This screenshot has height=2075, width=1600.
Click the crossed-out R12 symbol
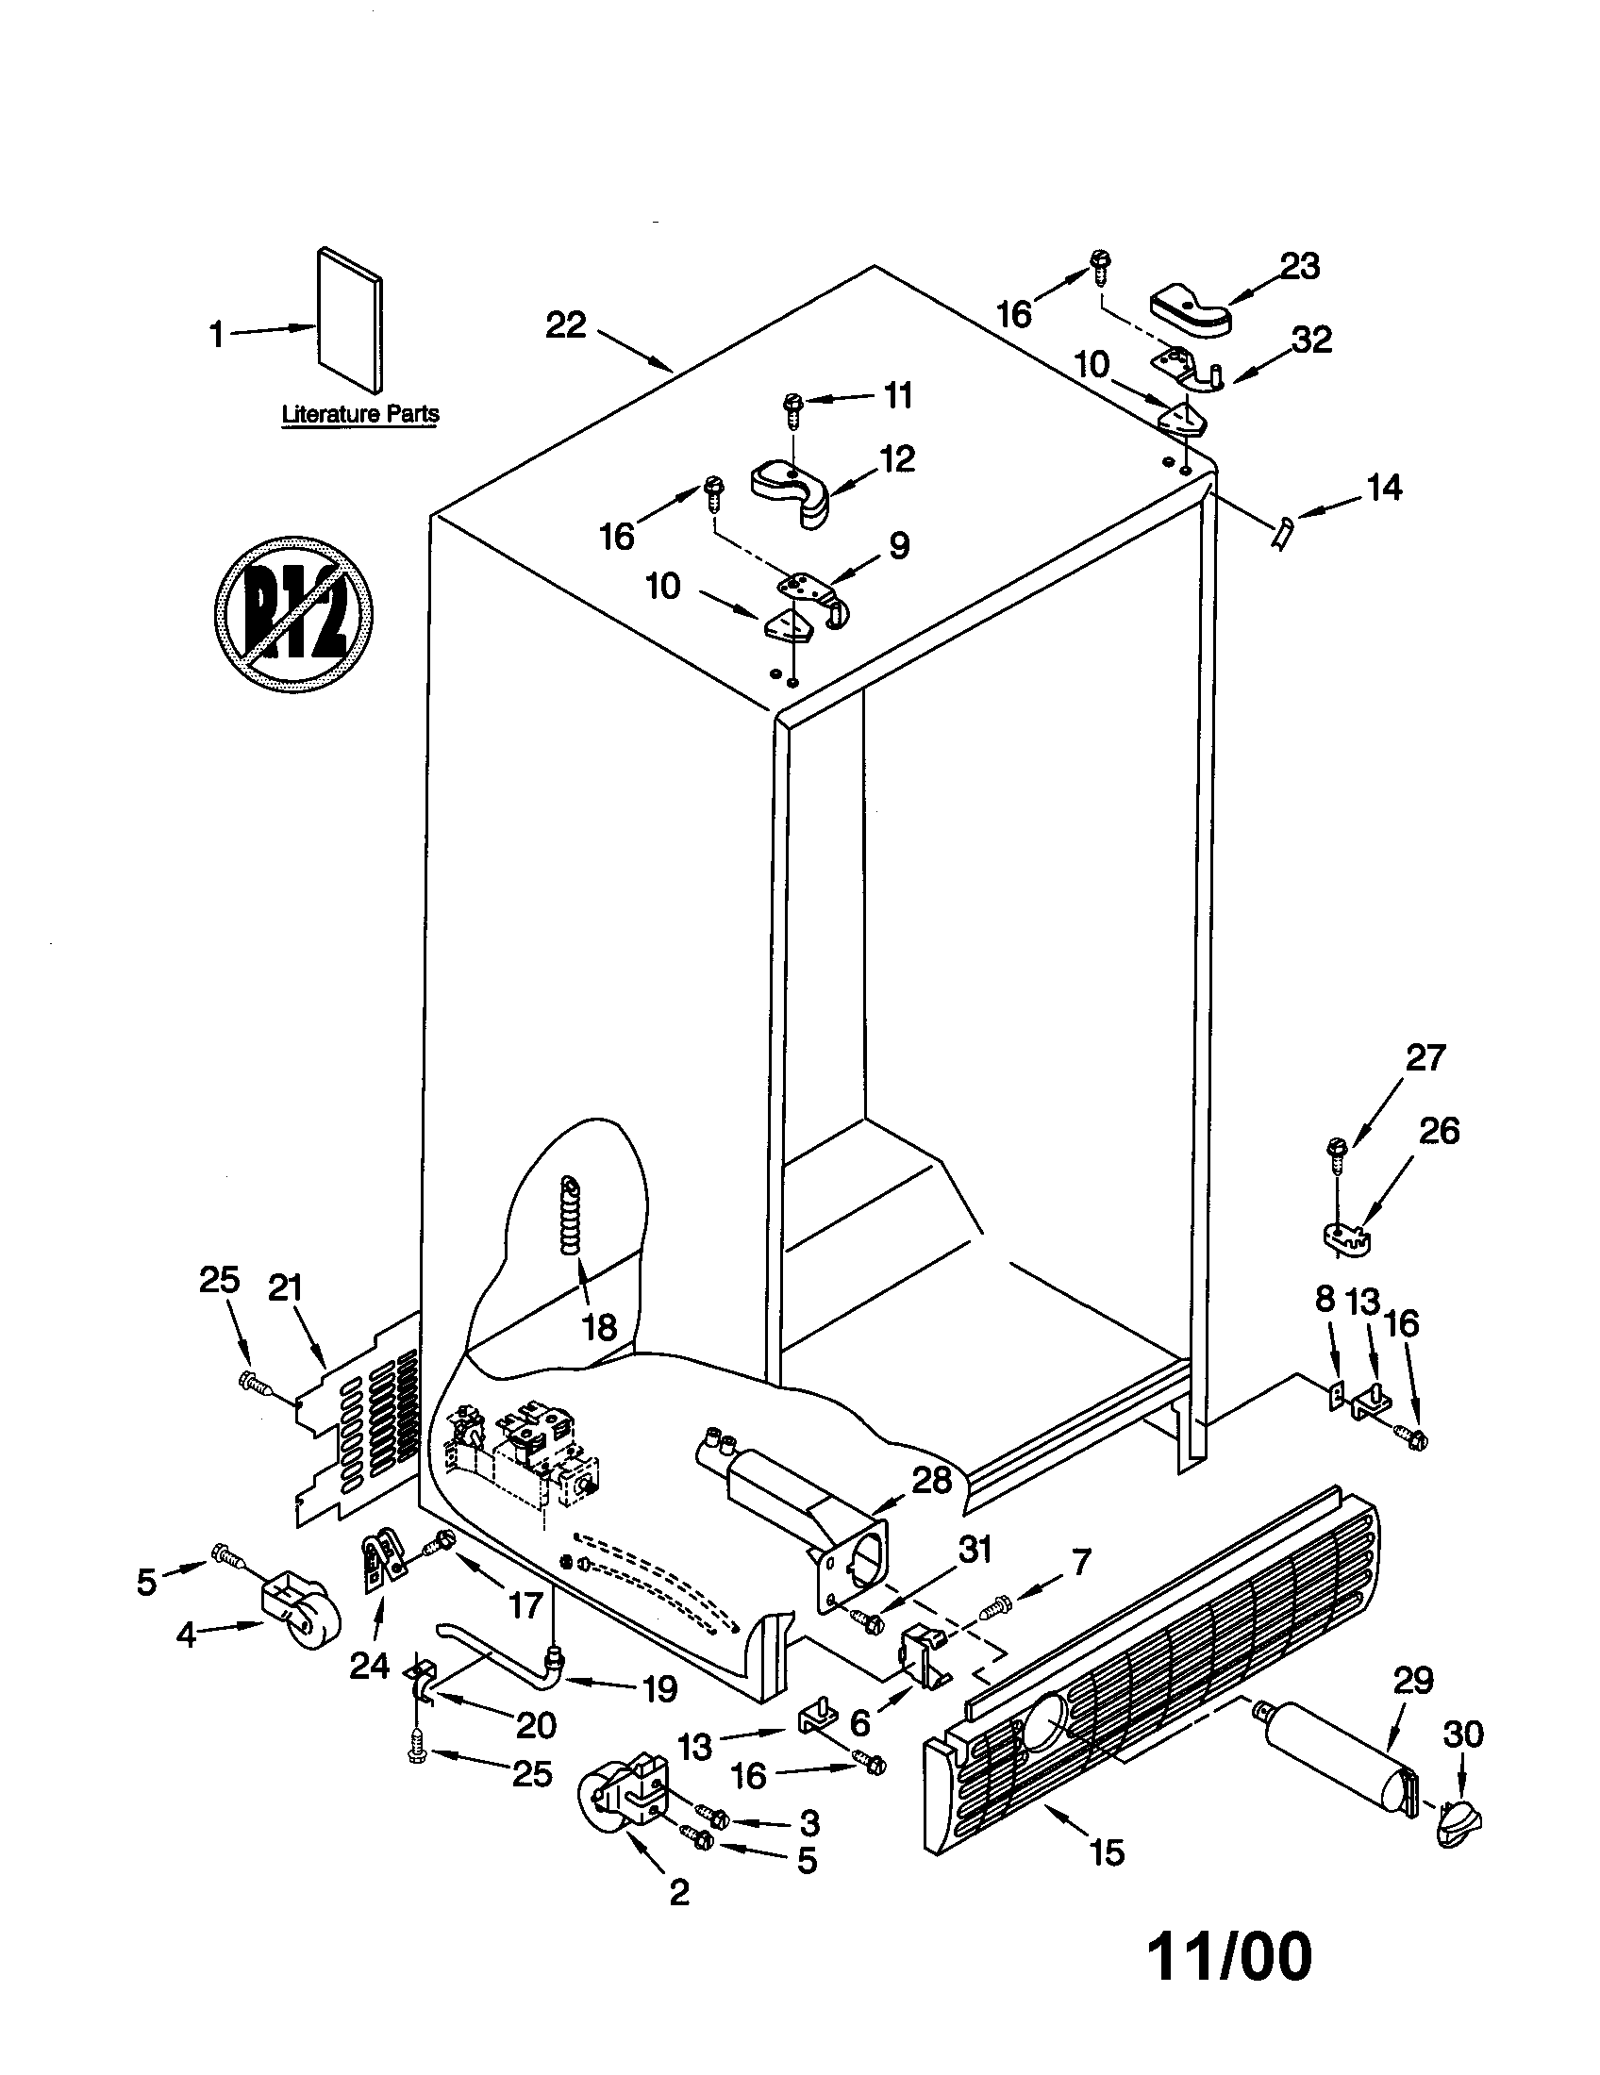tap(293, 613)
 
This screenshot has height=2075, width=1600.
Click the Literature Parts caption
tap(360, 414)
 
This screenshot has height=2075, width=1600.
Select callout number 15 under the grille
tap(1107, 1877)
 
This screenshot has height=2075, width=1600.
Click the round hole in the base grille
tap(1044, 1720)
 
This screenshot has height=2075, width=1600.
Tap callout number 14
tap(1383, 489)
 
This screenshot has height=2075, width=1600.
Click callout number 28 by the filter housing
tap(930, 1479)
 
